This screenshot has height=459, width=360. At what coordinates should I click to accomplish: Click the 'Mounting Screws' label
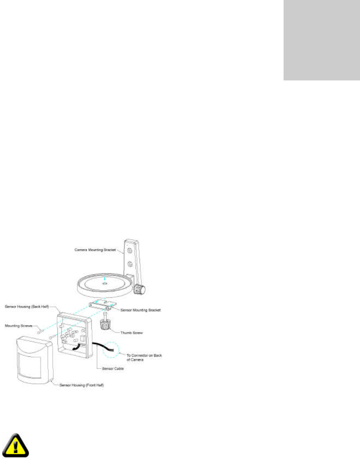[18, 326]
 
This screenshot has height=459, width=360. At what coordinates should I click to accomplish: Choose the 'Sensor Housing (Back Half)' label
[27, 307]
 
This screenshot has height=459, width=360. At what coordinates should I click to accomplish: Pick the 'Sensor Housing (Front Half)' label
[82, 385]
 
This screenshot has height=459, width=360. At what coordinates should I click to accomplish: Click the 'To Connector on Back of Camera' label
[144, 357]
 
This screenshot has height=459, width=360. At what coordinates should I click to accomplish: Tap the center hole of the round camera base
[104, 282]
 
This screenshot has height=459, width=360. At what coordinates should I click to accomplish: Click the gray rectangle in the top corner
[321, 40]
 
